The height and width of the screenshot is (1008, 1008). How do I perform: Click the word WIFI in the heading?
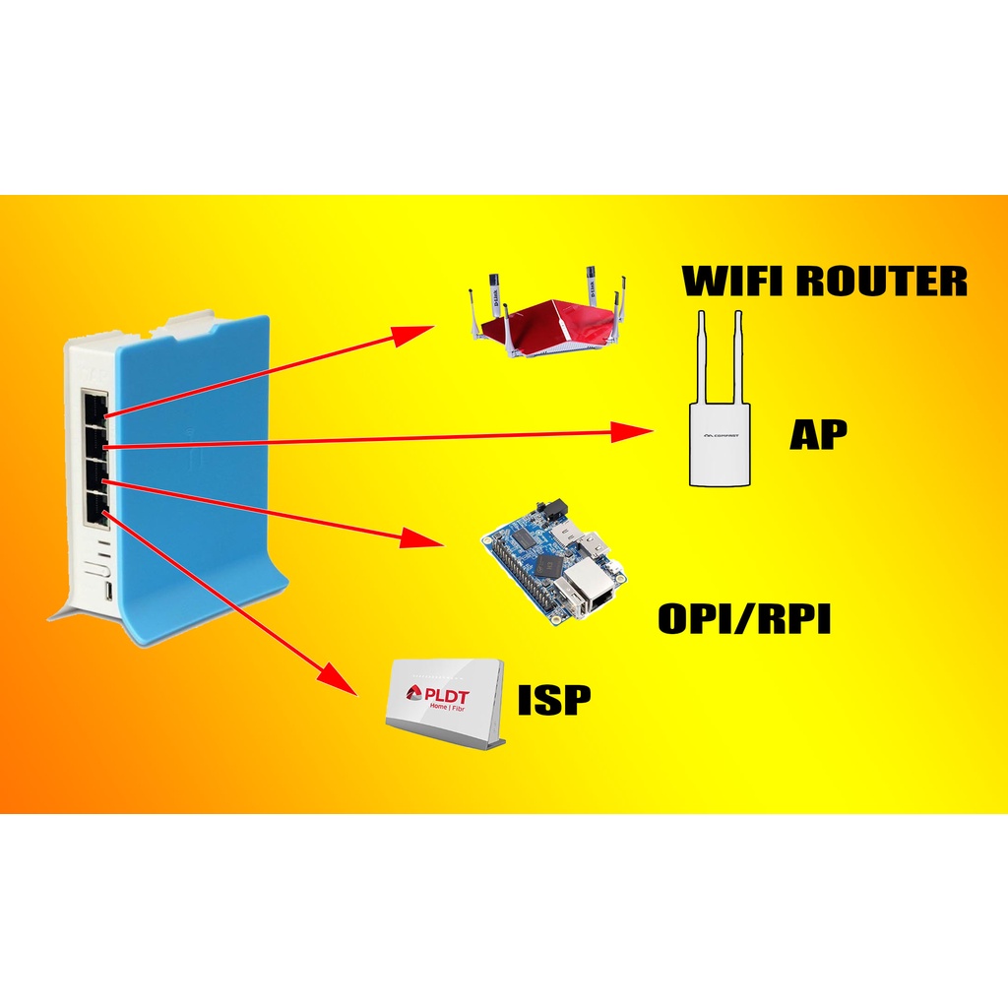pos(732,282)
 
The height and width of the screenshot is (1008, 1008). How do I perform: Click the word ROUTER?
pos(882,282)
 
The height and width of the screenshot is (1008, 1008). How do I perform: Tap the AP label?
pos(818,434)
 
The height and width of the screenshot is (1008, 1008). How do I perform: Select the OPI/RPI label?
pos(744,619)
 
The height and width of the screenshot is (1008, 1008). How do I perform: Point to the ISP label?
pos(554,699)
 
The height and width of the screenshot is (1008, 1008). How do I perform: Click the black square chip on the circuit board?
pos(548,564)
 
